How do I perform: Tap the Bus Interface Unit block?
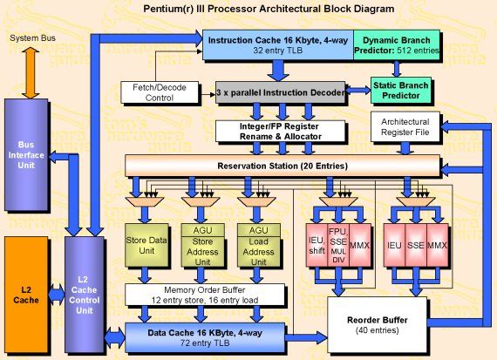27,154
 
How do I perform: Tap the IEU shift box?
317,248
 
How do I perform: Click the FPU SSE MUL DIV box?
338,247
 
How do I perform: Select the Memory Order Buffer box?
205,294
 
